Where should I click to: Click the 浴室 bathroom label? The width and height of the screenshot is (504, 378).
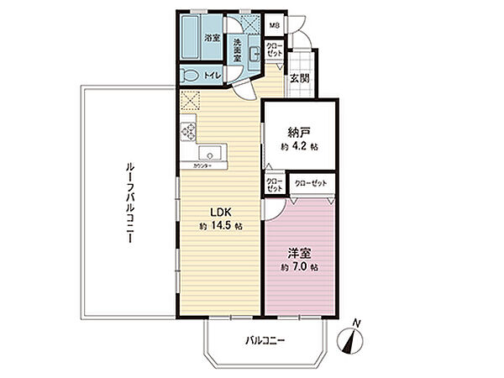coord(213,38)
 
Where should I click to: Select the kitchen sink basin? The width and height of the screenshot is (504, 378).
coord(211,154)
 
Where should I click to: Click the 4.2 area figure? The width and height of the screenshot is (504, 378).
coord(300,146)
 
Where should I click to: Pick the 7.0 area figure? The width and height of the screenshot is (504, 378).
coord(300,267)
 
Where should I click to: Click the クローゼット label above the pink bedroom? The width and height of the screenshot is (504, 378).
coord(312,182)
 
